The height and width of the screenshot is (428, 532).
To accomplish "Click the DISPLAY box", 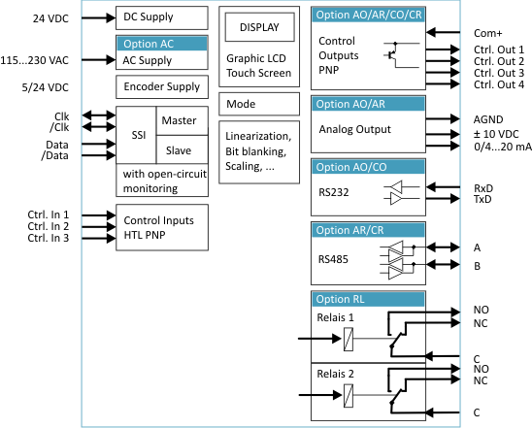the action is (x=259, y=27).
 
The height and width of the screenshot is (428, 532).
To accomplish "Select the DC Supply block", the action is (x=162, y=17).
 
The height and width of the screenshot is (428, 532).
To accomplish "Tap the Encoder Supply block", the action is (x=162, y=86).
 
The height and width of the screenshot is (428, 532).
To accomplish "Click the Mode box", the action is (x=259, y=104).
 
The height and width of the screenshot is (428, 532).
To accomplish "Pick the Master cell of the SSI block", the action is (x=182, y=120).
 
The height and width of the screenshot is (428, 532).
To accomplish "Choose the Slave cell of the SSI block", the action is (x=182, y=149).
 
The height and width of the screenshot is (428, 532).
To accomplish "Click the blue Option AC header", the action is (x=162, y=44).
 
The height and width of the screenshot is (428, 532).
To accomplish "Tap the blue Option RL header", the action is (x=368, y=299).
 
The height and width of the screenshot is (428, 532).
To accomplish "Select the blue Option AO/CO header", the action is (x=368, y=167).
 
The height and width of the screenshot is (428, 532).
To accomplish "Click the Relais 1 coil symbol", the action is (x=349, y=339).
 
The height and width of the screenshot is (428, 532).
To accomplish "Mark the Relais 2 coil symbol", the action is (x=349, y=395).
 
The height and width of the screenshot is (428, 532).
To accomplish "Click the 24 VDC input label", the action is (x=50, y=18).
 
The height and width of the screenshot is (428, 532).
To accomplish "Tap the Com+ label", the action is (x=488, y=33).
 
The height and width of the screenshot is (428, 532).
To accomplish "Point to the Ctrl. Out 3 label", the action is (x=499, y=73).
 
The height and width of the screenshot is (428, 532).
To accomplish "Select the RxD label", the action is (x=483, y=188).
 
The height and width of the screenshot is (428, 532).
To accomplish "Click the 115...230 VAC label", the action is (x=34, y=60).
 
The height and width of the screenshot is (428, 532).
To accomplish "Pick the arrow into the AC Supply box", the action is (x=98, y=60).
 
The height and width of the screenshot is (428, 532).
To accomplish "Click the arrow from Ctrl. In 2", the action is (x=98, y=227).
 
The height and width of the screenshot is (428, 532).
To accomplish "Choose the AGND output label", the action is (x=488, y=119).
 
